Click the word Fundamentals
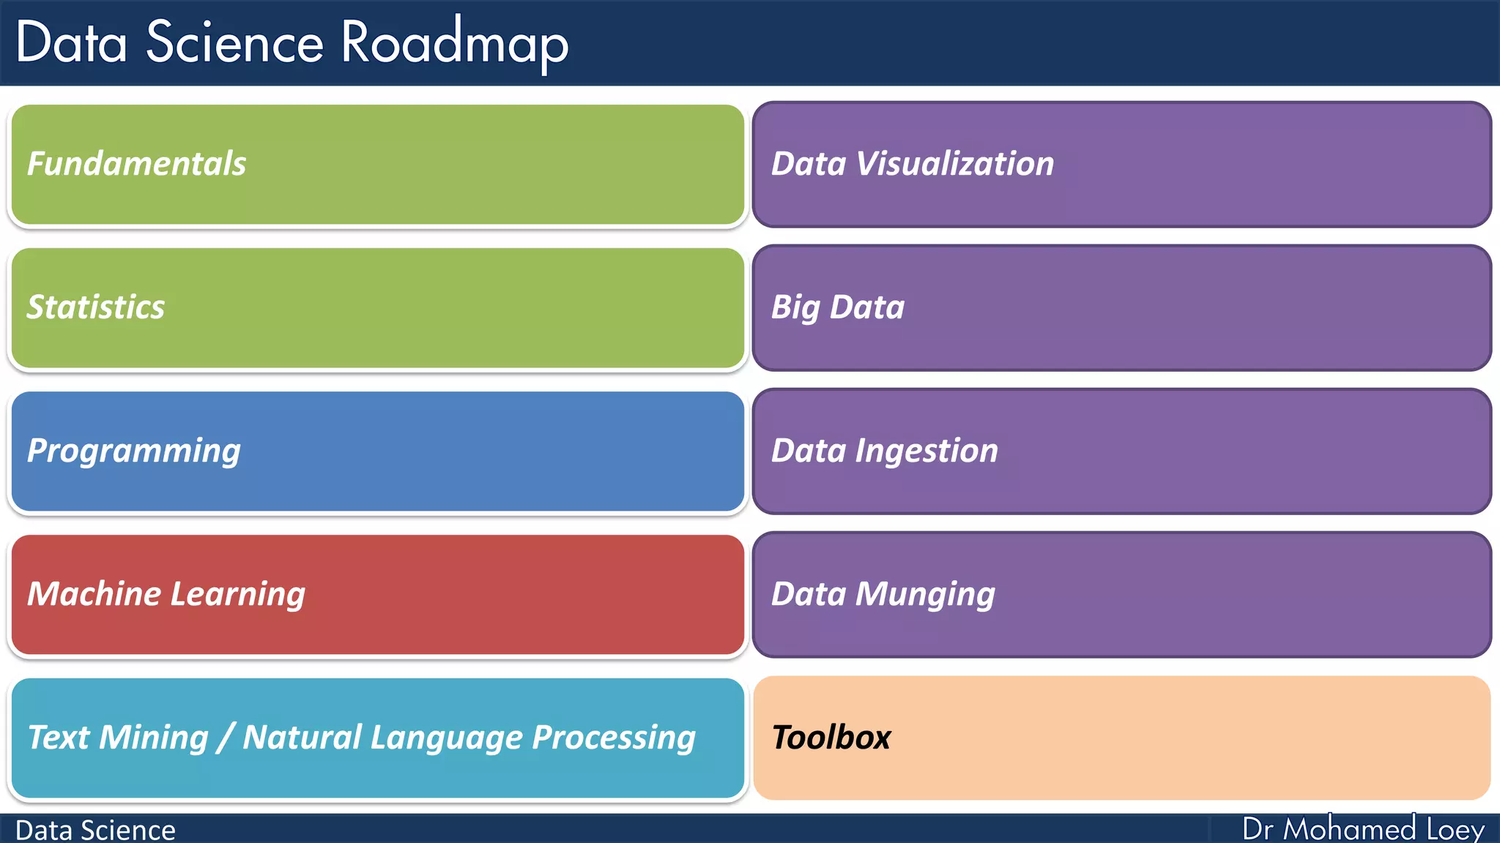136,163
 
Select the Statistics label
96,307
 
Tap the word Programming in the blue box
134,451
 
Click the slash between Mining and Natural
226,737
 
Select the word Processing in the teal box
614,738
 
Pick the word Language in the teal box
446,738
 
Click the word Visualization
955,163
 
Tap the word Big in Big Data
795,307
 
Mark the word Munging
925,594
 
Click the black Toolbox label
831,737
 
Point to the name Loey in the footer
1455,829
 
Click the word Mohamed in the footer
1349,829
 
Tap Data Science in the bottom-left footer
95,830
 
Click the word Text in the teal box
59,737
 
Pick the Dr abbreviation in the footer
1258,829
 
